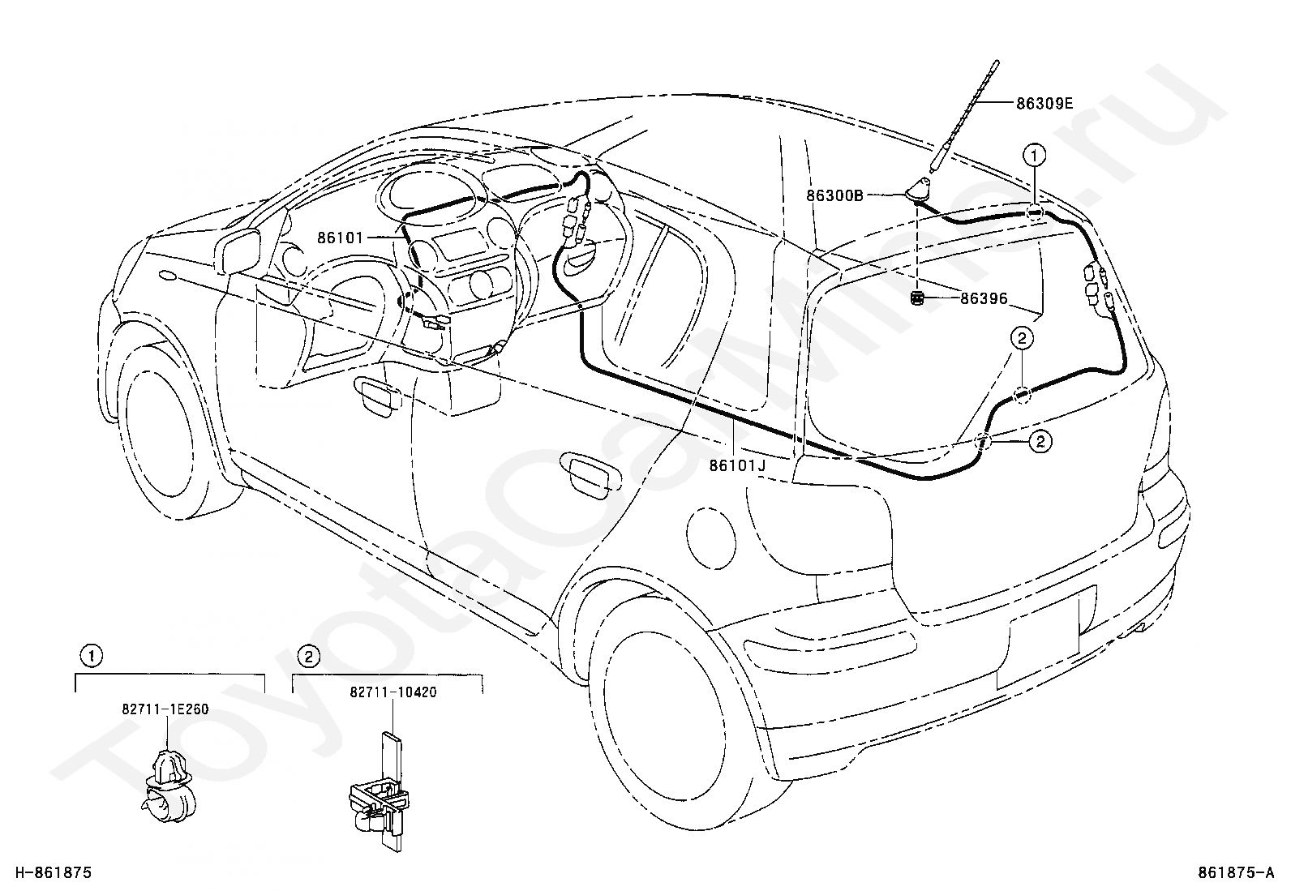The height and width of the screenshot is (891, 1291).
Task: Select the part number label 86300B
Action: point(834,196)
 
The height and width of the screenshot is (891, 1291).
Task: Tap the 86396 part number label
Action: point(984,298)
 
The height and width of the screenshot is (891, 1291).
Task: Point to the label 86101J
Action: point(737,465)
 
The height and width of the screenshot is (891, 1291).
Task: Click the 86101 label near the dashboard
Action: point(340,238)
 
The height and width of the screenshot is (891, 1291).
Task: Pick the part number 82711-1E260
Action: point(165,709)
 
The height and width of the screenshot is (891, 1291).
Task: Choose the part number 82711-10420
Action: point(393,692)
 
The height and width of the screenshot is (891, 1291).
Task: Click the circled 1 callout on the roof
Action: point(1034,155)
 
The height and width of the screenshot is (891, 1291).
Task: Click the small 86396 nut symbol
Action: point(917,298)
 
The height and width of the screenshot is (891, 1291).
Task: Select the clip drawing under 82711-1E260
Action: point(168,786)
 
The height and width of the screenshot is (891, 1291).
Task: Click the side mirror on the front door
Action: point(240,251)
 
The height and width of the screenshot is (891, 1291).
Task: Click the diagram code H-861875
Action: point(54,873)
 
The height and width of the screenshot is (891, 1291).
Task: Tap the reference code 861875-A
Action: point(1236,873)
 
